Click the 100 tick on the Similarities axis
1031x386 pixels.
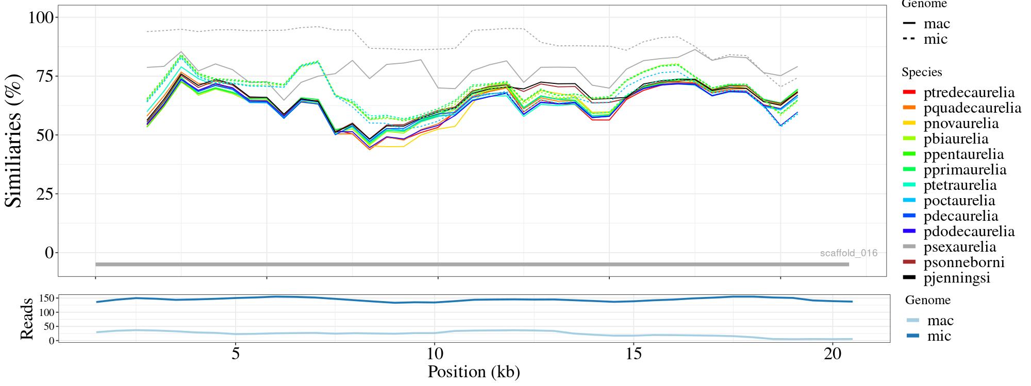(x=41, y=17)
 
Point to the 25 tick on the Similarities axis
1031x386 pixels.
(x=44, y=194)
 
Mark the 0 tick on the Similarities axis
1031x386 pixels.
(x=49, y=253)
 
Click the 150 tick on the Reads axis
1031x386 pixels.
(x=47, y=299)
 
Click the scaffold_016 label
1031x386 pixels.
(x=849, y=253)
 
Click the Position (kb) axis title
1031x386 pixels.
(x=473, y=372)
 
